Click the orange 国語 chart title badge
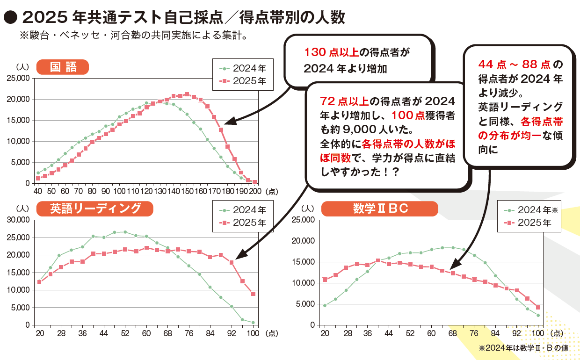coord(62,66)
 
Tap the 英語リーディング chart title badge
coord(94,209)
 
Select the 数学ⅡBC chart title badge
coord(379,209)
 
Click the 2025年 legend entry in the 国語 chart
coord(243,81)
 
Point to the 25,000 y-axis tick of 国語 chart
coord(19,78)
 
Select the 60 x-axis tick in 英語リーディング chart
coord(146,333)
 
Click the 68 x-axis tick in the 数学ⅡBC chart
coord(452,333)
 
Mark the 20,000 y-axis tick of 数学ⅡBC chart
coord(305,241)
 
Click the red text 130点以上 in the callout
coord(326,52)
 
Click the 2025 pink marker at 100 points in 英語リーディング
coord(253,294)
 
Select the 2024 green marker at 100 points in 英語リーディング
coord(253,323)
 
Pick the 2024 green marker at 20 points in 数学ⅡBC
coord(325,306)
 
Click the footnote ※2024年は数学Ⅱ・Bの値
coord(523,348)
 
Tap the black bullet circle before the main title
coord(10,18)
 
